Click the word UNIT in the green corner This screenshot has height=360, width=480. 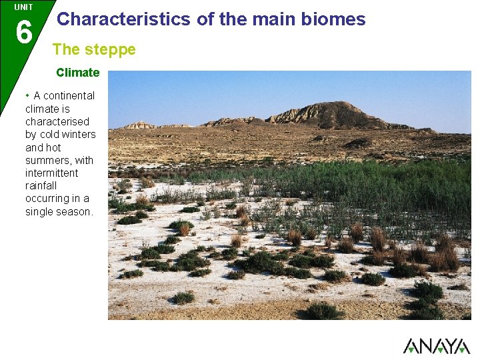pyautogui.click(x=23, y=7)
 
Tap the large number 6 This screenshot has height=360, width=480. pyautogui.click(x=23, y=32)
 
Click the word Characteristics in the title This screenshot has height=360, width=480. pyautogui.click(x=123, y=19)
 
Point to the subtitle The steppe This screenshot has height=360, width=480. pyautogui.click(x=94, y=49)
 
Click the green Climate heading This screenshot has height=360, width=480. pyautogui.click(x=77, y=72)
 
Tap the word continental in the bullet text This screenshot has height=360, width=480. pyautogui.click(x=69, y=96)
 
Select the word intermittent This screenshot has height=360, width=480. pyautogui.click(x=51, y=173)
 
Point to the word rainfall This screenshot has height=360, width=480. pyautogui.click(x=41, y=186)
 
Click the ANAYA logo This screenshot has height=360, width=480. pyautogui.click(x=436, y=345)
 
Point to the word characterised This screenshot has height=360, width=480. pyautogui.click(x=57, y=122)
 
